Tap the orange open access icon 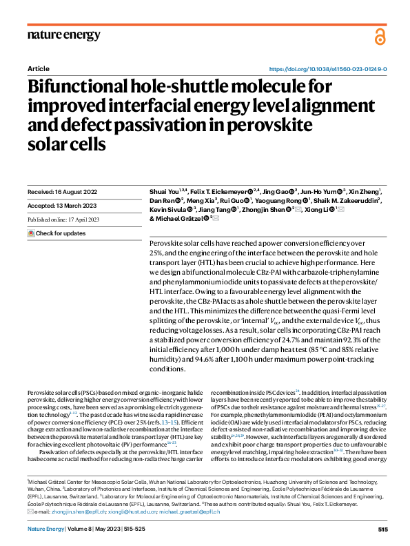380,36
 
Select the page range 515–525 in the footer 143,529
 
